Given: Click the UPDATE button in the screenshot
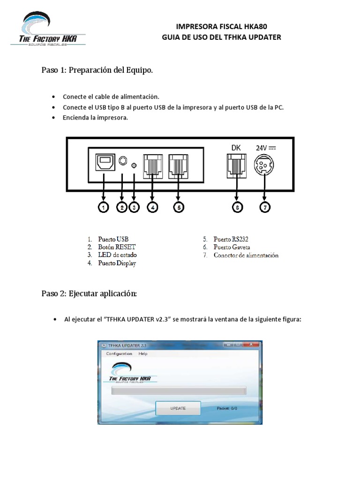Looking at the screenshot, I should [x=178, y=408].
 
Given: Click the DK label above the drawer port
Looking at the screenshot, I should [x=236, y=148].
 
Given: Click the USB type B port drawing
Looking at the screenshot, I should [x=104, y=162].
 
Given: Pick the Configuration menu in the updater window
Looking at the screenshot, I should [x=119, y=354].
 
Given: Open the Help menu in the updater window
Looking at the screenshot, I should [x=143, y=354].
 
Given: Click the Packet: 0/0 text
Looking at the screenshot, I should [x=227, y=408].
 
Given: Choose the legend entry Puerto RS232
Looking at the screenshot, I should [x=231, y=239].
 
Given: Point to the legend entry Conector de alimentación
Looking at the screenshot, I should [x=246, y=255].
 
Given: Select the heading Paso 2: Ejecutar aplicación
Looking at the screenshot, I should [x=89, y=294].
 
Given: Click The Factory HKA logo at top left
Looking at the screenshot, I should [x=48, y=30].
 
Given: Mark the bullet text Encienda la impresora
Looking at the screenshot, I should [x=95, y=118].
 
